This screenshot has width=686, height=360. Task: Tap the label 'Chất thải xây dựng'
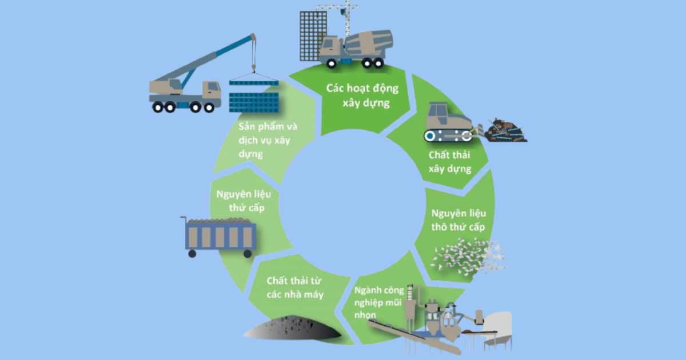pos(450,162)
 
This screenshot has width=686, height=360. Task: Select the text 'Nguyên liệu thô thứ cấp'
pos(458,220)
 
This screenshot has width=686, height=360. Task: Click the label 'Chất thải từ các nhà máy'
pos(295,287)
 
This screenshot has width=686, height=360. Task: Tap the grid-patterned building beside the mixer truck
pos(313,34)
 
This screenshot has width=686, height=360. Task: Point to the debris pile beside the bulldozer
pos(506,131)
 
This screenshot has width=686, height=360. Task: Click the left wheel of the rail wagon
pos(192,254)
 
